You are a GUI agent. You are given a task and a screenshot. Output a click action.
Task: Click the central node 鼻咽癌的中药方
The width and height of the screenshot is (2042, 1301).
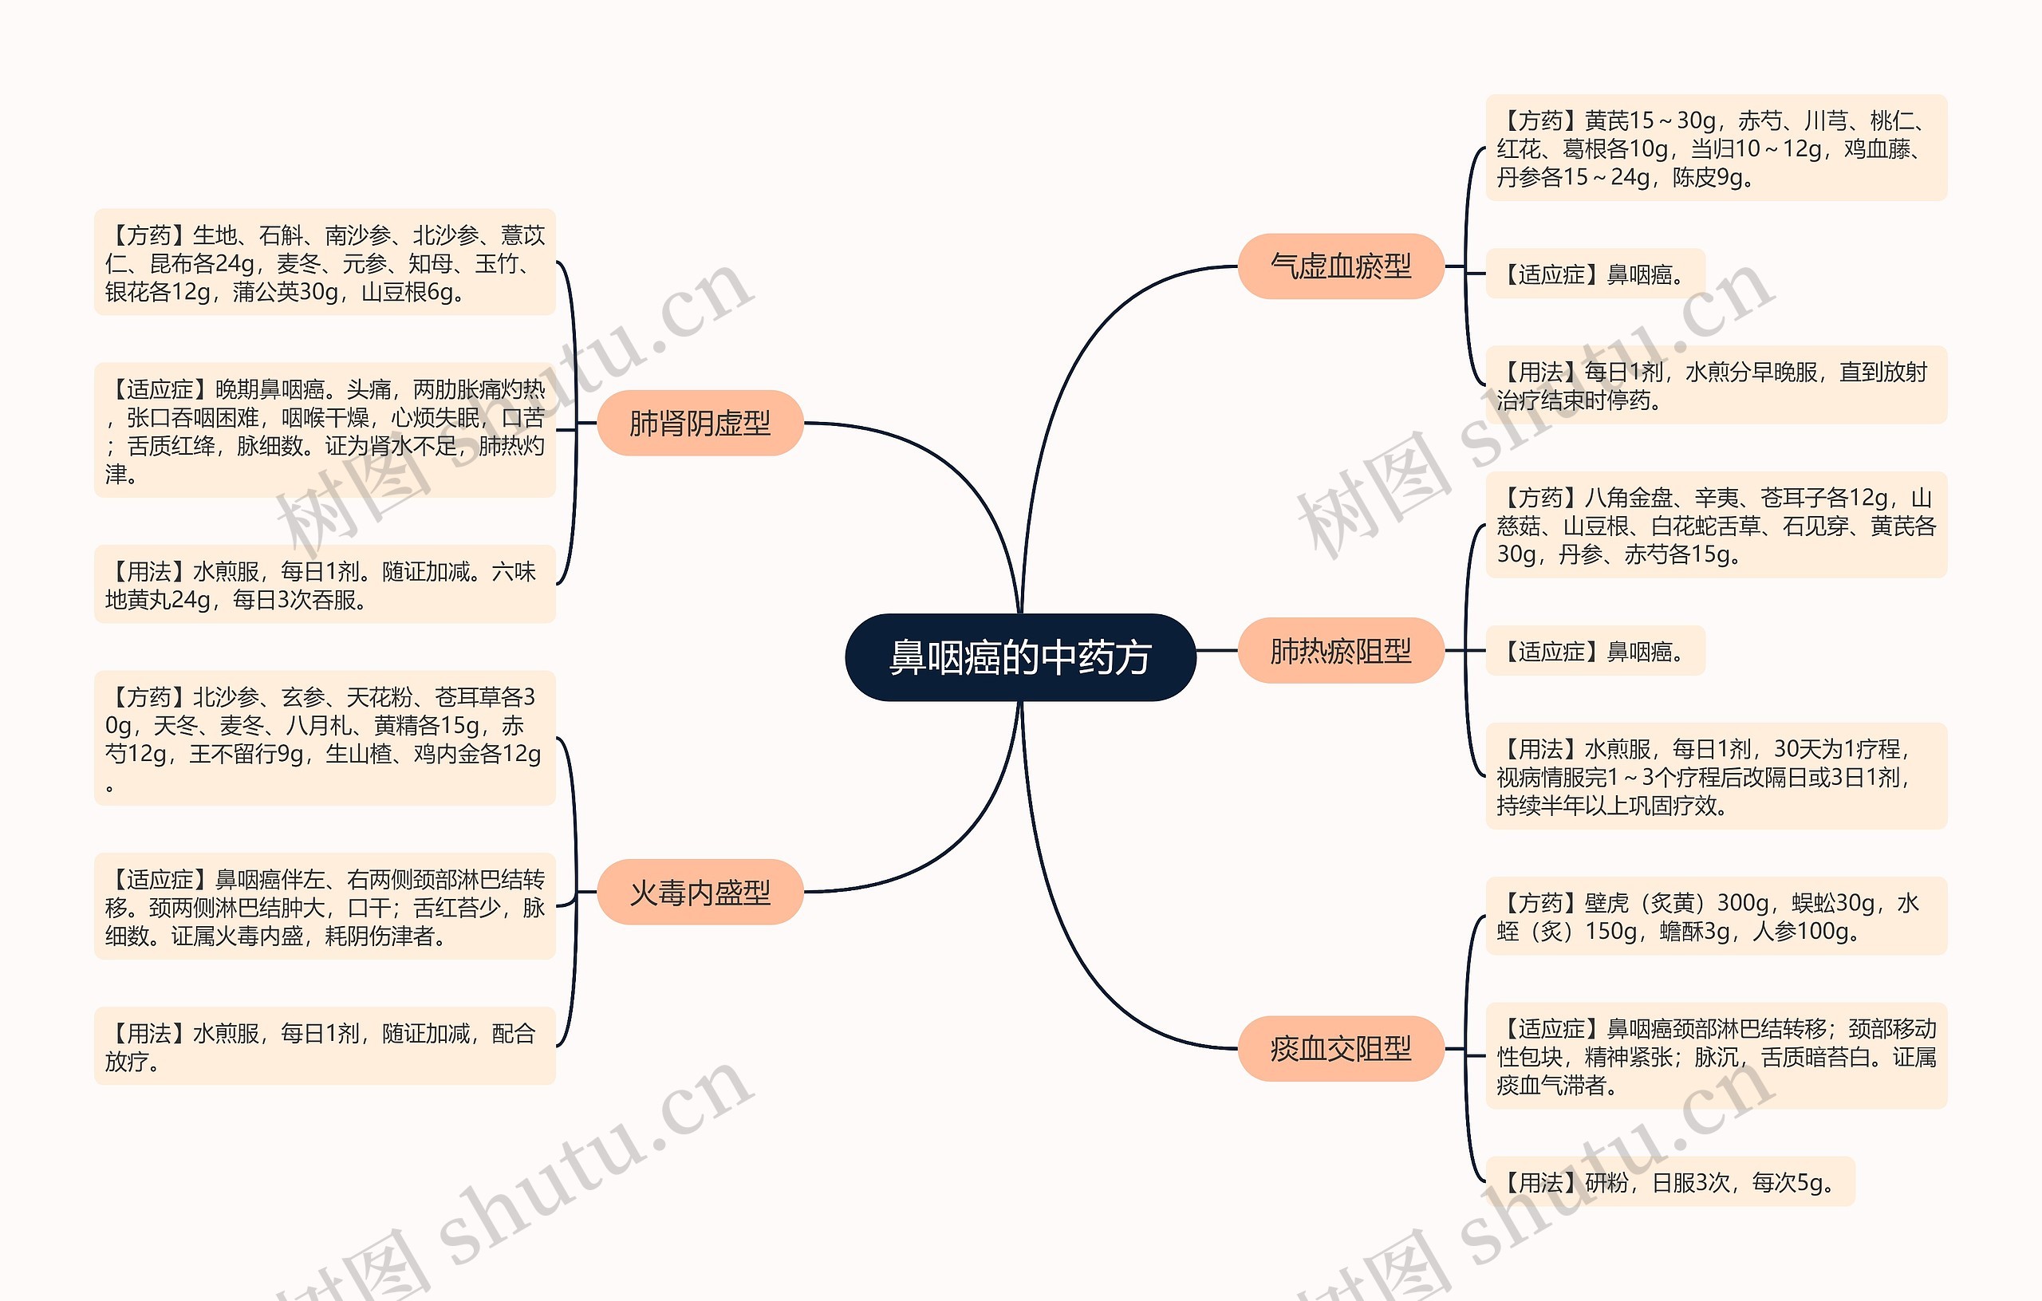tap(1020, 657)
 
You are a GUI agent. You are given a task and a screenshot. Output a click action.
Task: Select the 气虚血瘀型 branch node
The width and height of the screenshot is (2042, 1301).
tap(1340, 266)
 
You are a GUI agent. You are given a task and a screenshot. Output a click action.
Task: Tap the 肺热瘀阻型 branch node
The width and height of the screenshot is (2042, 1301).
tap(1340, 651)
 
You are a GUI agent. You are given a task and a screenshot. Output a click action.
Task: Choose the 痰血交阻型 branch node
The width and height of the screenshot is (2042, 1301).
tap(1340, 1048)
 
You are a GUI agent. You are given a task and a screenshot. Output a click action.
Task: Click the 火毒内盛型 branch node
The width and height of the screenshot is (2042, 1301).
tap(700, 891)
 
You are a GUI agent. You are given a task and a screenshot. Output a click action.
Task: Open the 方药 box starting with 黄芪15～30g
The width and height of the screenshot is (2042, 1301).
tap(1716, 148)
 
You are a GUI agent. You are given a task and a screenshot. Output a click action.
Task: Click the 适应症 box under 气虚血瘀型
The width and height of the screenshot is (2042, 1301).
tap(1595, 274)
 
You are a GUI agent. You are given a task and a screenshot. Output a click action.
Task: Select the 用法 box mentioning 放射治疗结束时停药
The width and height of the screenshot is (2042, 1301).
tap(1716, 385)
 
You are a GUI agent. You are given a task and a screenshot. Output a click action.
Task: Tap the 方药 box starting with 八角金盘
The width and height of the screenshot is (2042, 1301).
tap(1716, 525)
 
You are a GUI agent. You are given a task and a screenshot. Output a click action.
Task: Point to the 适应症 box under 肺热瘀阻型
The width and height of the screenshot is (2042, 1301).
tap(1595, 651)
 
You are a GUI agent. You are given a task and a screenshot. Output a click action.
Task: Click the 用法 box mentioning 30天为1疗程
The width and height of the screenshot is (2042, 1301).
tap(1716, 776)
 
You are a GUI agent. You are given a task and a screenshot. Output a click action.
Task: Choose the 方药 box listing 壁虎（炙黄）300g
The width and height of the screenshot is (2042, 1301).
tap(1716, 916)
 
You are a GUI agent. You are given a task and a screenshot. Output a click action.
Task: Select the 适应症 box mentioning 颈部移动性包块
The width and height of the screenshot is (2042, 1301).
tap(1716, 1056)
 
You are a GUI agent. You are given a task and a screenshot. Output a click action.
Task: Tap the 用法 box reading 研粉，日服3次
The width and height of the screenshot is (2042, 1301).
tap(1669, 1181)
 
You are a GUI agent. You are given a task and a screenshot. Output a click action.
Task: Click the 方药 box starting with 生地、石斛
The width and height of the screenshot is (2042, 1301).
tap(325, 262)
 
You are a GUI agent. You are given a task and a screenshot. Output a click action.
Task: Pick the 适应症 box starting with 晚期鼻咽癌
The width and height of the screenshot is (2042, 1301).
tap(325, 430)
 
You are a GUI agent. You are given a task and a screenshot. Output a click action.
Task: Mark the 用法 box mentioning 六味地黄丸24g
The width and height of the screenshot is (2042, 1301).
tap(325, 585)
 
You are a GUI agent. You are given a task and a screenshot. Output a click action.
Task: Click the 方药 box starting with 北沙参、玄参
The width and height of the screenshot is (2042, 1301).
tap(325, 738)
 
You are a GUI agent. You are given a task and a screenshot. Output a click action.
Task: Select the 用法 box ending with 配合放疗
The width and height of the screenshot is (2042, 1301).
tap(325, 1046)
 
